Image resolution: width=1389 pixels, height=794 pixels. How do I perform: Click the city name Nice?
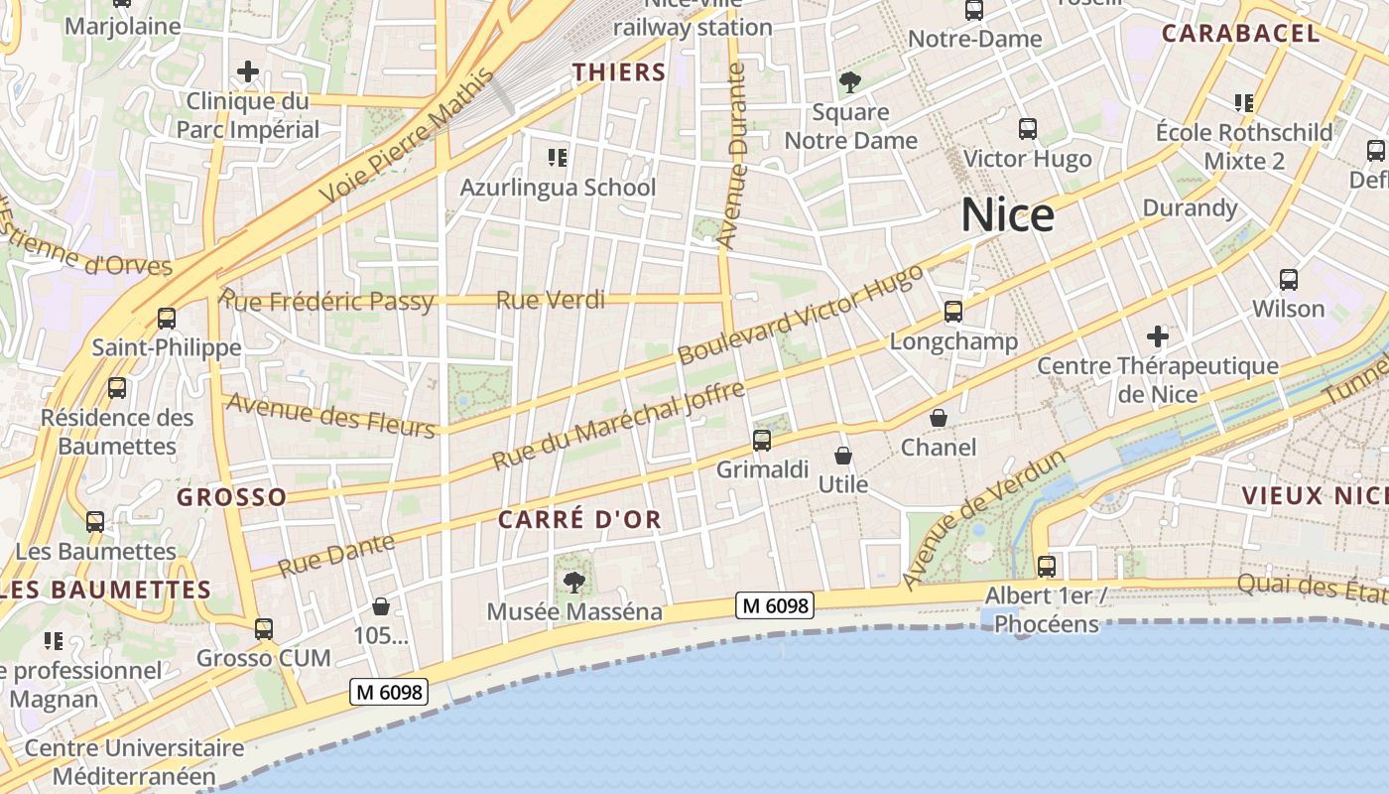tap(1007, 215)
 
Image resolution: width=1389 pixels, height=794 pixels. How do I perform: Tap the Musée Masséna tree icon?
tap(573, 583)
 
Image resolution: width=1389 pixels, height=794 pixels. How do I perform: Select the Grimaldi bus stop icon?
tap(762, 441)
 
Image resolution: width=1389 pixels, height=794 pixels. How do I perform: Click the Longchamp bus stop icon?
tap(953, 312)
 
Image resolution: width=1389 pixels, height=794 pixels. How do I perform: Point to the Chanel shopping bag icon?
tap(939, 419)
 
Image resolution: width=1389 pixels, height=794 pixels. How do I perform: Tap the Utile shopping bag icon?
tap(843, 456)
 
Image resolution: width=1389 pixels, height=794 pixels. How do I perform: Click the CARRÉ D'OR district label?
tap(579, 520)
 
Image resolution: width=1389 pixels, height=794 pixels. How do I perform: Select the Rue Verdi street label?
tap(550, 300)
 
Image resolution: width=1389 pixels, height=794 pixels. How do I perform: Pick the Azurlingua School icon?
tap(558, 158)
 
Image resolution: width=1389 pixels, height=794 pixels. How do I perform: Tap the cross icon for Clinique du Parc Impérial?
tap(248, 71)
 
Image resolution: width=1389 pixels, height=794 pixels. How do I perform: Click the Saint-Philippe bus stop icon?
tap(167, 319)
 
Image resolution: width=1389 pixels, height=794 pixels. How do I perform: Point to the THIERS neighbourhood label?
tap(619, 71)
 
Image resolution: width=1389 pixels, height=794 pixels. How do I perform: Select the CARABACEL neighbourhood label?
tap(1240, 33)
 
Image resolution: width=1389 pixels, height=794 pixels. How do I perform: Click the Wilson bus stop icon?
tap(1289, 280)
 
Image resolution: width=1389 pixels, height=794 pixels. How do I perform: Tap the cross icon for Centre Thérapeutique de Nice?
tap(1158, 336)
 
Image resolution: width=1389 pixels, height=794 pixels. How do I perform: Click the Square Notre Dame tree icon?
tap(850, 82)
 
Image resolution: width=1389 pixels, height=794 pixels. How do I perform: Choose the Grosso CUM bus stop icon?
tap(263, 628)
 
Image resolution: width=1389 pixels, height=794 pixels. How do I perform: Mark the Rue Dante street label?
tap(336, 556)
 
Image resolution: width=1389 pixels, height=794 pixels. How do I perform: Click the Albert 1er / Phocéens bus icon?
tap(1047, 567)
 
